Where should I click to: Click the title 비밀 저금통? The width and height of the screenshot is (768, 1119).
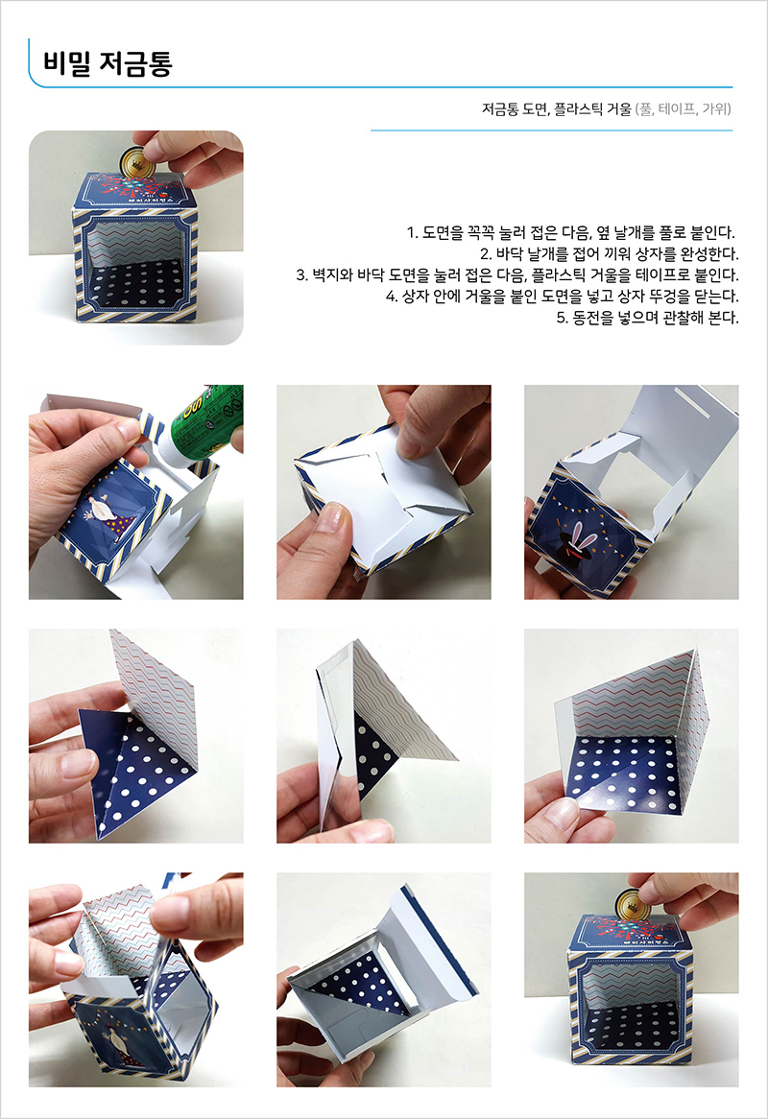[x=108, y=62]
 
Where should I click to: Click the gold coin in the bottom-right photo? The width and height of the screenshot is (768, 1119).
[x=631, y=904]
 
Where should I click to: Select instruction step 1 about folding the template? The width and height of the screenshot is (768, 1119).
[x=570, y=232]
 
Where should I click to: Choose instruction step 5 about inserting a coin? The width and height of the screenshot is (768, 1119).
[x=647, y=318]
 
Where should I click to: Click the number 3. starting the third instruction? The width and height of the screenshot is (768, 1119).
[x=301, y=274]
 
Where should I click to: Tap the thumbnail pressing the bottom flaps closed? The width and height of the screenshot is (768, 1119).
[x=383, y=491]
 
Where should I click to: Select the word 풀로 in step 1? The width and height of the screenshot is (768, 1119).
[x=673, y=232]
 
